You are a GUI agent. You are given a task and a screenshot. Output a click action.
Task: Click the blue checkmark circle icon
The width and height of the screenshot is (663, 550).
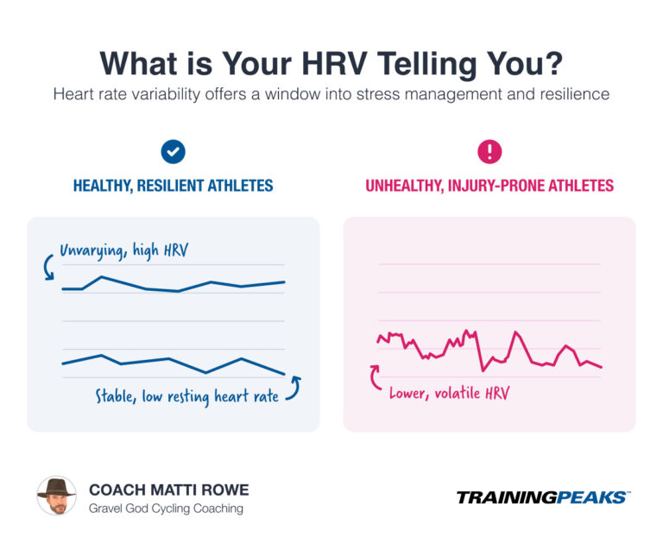[173, 153]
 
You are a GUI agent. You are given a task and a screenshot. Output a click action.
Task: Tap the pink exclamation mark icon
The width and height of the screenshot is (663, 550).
[489, 153]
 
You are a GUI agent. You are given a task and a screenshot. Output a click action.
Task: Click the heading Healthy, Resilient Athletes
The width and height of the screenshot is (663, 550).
[173, 186]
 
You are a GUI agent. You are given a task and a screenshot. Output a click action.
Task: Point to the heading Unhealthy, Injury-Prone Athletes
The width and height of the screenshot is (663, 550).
[489, 186]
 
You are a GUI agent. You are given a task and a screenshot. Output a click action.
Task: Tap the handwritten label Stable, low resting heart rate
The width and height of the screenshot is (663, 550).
[186, 397]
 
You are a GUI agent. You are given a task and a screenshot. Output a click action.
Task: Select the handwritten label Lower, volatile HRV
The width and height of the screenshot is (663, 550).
[449, 393]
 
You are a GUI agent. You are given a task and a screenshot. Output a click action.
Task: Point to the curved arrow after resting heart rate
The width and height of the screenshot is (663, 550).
[294, 388]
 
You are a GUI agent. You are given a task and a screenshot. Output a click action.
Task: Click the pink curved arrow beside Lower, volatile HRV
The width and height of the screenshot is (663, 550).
[376, 377]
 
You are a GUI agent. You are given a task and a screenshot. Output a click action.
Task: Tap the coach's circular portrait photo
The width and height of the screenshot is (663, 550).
[57, 496]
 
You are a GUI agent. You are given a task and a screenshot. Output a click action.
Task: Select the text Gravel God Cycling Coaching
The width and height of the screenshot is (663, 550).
[166, 509]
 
